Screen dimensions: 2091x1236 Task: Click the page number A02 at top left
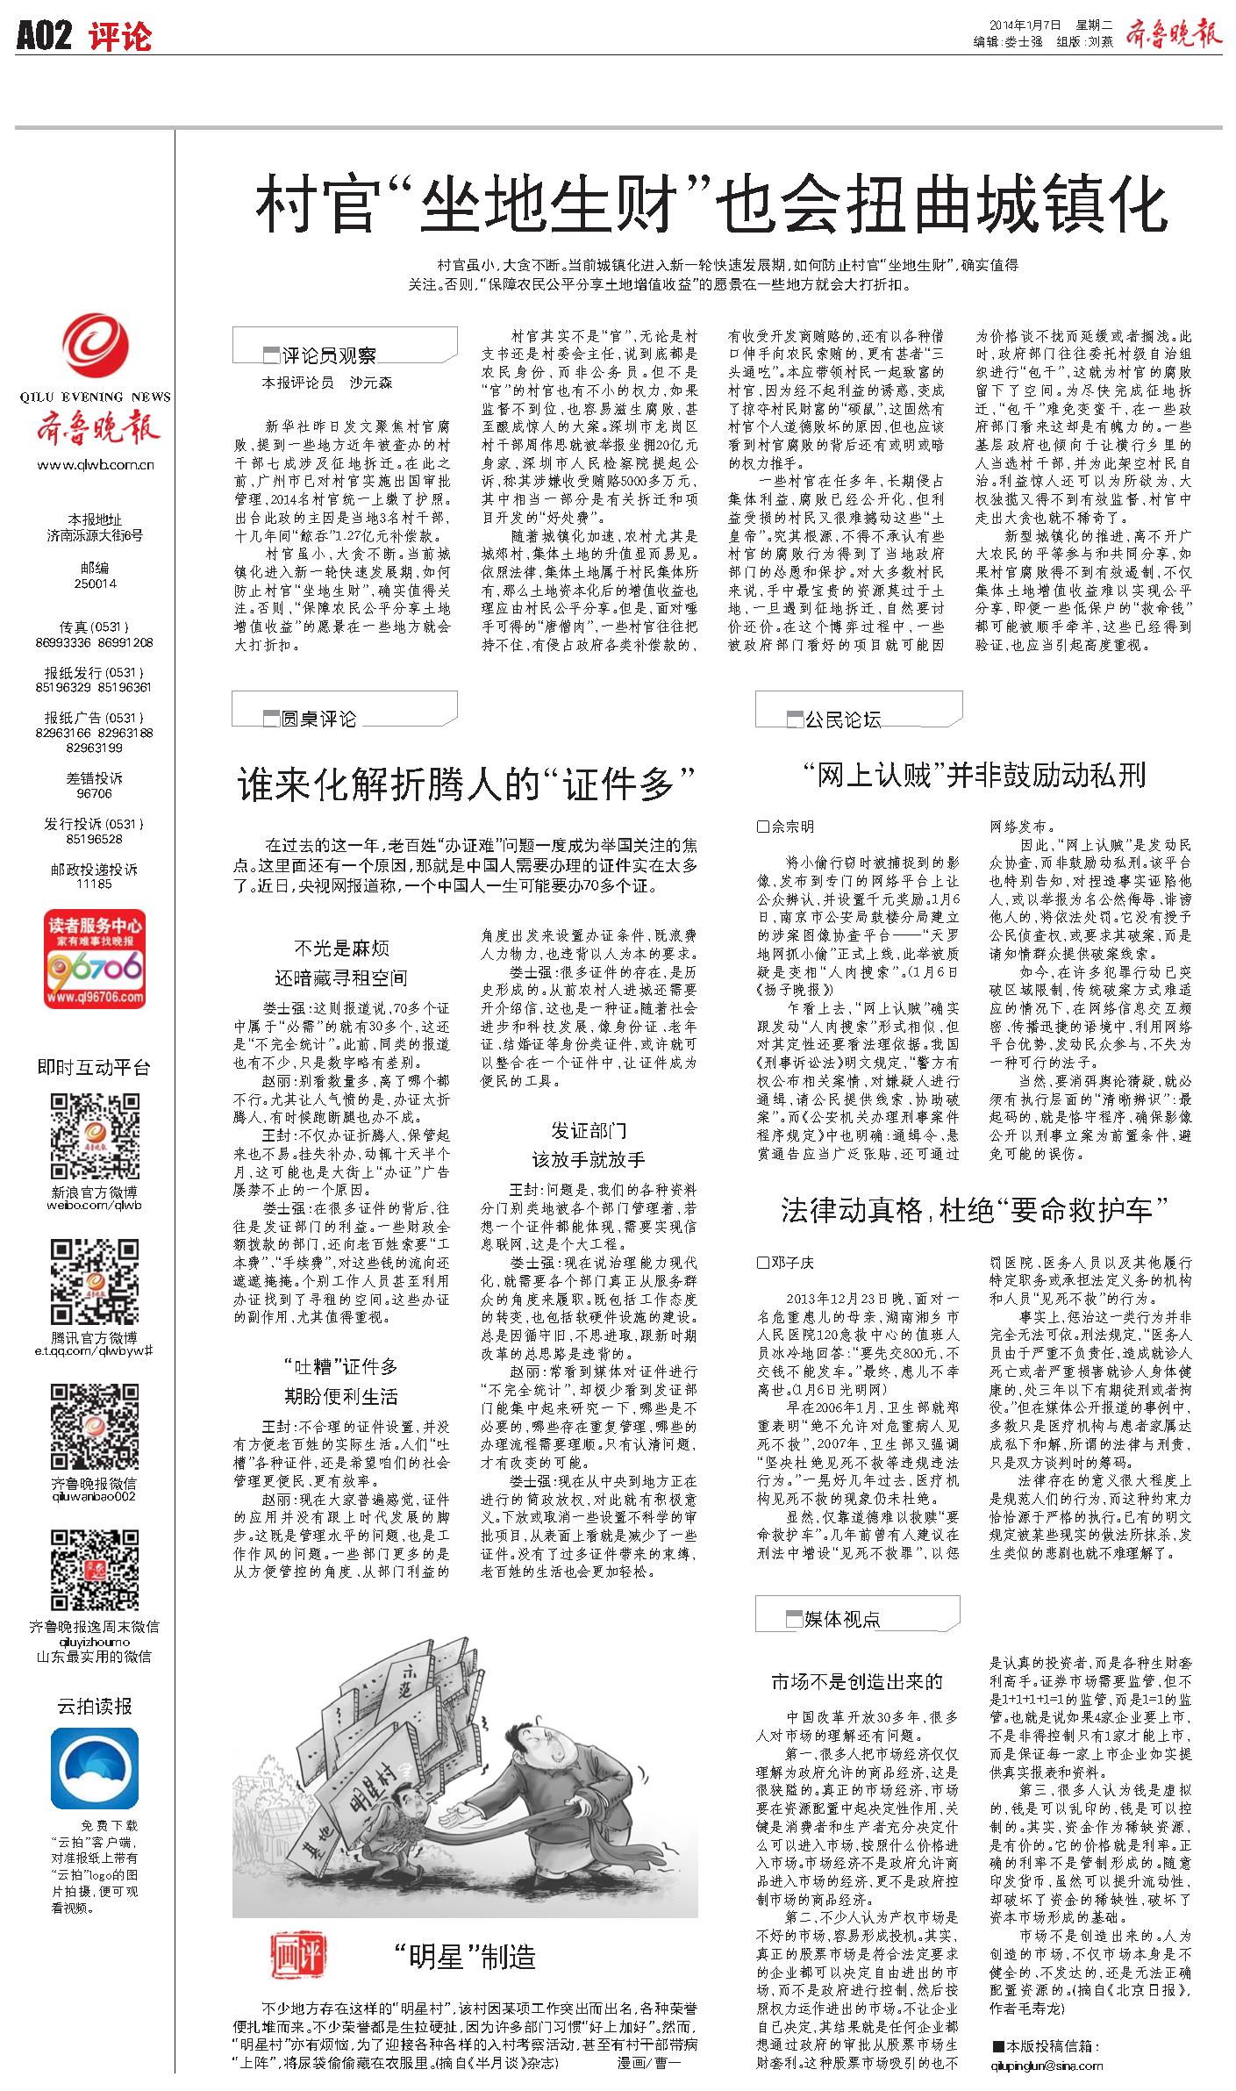(43, 36)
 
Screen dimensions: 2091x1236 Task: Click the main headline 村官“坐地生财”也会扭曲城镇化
(711, 204)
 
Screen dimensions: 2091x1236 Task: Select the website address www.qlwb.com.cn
(96, 465)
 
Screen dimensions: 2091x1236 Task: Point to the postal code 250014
(95, 584)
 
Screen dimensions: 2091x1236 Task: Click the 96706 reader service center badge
(95, 959)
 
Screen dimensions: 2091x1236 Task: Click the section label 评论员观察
(329, 355)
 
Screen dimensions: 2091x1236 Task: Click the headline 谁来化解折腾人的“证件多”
(467, 783)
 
